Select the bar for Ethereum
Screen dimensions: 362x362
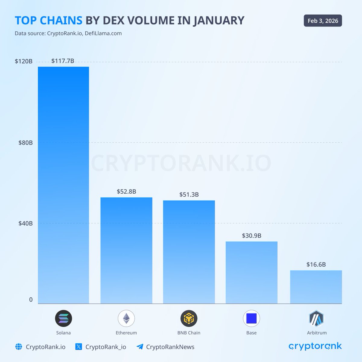(126, 250)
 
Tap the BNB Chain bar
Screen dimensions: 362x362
(189, 252)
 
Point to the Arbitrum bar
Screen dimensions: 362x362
(316, 287)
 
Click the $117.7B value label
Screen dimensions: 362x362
(63, 61)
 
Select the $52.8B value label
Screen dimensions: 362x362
(126, 192)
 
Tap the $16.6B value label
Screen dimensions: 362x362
(316, 265)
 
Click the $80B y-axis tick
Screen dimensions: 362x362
(26, 143)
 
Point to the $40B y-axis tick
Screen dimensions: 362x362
(26, 224)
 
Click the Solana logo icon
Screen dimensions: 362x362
(63, 318)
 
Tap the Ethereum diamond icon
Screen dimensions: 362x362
(126, 318)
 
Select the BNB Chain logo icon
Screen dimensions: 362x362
(189, 318)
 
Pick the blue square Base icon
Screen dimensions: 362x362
(251, 318)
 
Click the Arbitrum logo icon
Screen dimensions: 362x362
(316, 318)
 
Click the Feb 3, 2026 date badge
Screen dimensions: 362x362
(323, 21)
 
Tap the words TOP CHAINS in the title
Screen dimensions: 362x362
(49, 21)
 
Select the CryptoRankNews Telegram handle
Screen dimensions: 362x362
(170, 347)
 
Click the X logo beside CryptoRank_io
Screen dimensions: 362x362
(79, 347)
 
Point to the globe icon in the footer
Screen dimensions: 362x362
(19, 347)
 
